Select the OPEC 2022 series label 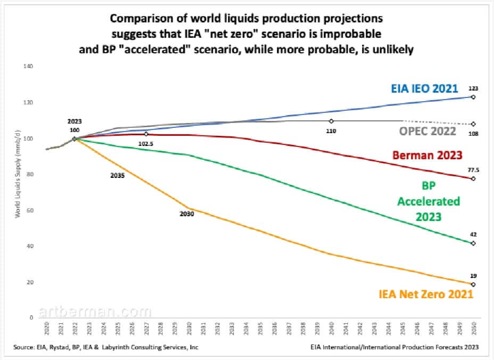point(427,131)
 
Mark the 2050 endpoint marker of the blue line point(473,97)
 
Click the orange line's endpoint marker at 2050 point(473,284)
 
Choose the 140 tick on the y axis point(29,67)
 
